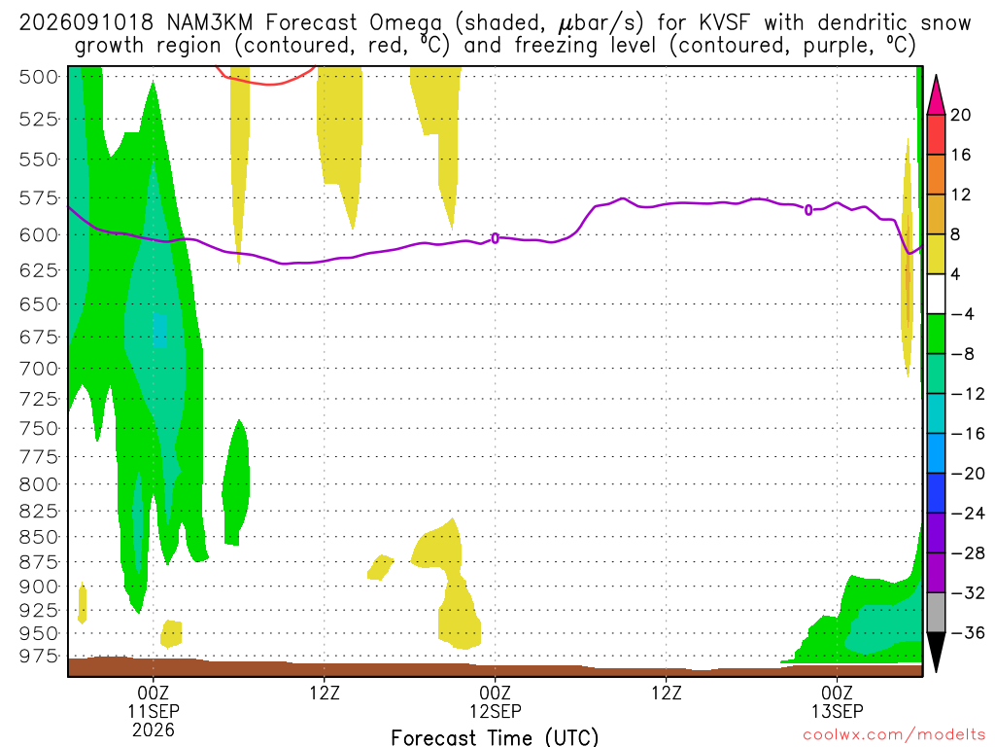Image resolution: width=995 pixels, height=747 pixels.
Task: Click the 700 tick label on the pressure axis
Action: pos(38,369)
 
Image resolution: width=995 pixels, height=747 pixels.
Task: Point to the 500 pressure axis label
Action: pos(38,77)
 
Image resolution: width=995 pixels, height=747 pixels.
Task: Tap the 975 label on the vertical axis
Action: pos(38,657)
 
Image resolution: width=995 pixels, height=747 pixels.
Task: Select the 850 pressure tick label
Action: pos(38,537)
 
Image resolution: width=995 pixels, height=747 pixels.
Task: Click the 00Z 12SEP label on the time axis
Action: pos(495,701)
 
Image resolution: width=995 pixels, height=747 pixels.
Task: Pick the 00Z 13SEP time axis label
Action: pos(837,701)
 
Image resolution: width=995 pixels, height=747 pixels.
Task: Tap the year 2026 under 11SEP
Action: pos(154,729)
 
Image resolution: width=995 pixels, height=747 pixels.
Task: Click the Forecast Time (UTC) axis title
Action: pos(495,737)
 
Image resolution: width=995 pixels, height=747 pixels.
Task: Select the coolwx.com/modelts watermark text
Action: pos(894,735)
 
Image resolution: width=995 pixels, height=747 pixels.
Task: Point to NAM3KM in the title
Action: pos(210,23)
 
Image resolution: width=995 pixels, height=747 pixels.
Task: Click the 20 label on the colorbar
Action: pos(960,115)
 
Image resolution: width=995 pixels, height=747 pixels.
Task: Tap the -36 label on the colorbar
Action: pos(968,632)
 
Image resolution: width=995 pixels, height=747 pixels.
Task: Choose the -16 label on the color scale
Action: pos(968,434)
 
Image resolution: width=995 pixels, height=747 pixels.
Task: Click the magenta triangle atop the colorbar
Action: pos(936,95)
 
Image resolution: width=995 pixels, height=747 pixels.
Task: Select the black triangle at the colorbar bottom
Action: pos(936,651)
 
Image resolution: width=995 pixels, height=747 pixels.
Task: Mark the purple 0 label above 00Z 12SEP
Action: pos(495,238)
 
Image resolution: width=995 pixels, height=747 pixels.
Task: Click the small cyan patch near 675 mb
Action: pos(160,331)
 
